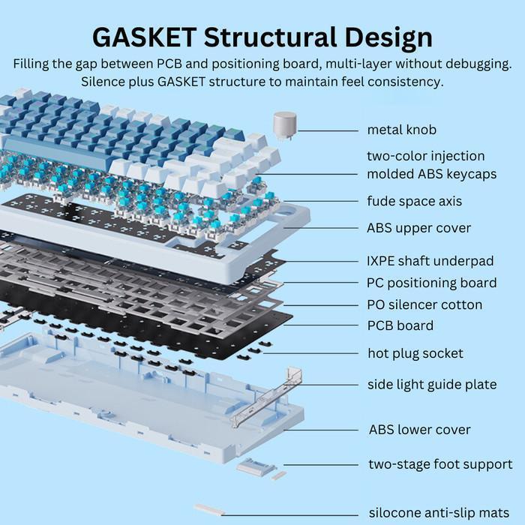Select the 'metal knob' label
(x=402, y=130)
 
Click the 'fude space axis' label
(x=415, y=201)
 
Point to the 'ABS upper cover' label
(x=418, y=227)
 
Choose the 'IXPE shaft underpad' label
(x=430, y=261)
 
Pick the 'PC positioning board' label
(x=431, y=283)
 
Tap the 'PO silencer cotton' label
(x=424, y=304)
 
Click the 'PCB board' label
(x=400, y=325)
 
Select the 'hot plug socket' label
(x=415, y=353)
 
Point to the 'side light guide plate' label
(x=432, y=385)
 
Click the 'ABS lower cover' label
(x=419, y=430)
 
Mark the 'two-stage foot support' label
(x=440, y=464)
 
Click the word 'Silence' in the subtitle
(x=106, y=81)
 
